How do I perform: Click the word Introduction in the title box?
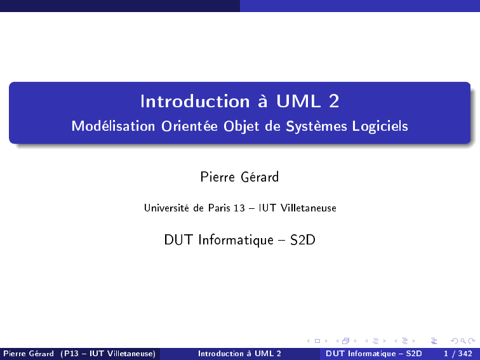[x=195, y=101]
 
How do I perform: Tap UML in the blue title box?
[x=299, y=101]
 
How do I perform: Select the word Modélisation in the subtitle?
[x=113, y=126]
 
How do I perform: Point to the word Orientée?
[x=189, y=126]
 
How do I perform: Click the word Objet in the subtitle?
[x=241, y=126]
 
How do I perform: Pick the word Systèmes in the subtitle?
[x=316, y=126]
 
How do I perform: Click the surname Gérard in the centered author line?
[x=260, y=177]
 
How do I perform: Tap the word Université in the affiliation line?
[x=166, y=208]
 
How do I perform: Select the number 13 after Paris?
[x=239, y=208]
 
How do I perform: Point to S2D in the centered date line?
[x=302, y=240]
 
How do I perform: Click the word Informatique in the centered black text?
[x=236, y=240]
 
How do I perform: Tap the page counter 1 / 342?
[x=458, y=354]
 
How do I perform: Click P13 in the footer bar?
[x=71, y=354]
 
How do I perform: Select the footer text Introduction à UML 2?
[x=239, y=354]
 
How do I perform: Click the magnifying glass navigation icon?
[x=463, y=341]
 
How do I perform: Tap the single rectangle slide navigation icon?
[x=317, y=341]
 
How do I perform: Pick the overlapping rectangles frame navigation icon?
[x=345, y=341]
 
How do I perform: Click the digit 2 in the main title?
[x=334, y=101]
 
